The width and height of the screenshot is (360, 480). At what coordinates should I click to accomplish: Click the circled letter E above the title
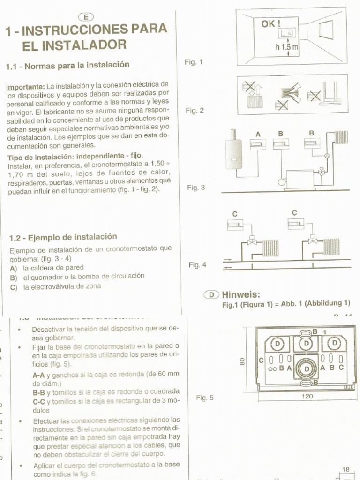[x=85, y=17]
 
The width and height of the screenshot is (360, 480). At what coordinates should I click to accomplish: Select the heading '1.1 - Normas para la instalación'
[x=67, y=65]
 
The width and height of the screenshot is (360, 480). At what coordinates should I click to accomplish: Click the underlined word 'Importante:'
[x=25, y=87]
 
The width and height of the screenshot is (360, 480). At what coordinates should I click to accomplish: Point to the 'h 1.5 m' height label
[x=287, y=47]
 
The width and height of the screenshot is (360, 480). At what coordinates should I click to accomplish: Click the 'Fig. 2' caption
[x=195, y=111]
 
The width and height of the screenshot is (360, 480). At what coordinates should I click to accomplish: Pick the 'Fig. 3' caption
[x=196, y=187]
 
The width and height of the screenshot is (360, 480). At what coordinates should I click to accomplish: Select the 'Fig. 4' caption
[x=197, y=265]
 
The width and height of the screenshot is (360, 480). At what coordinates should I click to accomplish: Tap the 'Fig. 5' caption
[x=204, y=398]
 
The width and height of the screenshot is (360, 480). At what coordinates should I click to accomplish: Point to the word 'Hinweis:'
[x=241, y=294]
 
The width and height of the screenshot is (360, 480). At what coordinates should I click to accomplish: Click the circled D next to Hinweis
[x=212, y=295]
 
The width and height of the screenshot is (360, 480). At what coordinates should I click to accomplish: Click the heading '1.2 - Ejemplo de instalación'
[x=63, y=237]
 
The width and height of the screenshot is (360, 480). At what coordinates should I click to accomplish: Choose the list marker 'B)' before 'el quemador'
[x=13, y=277]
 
